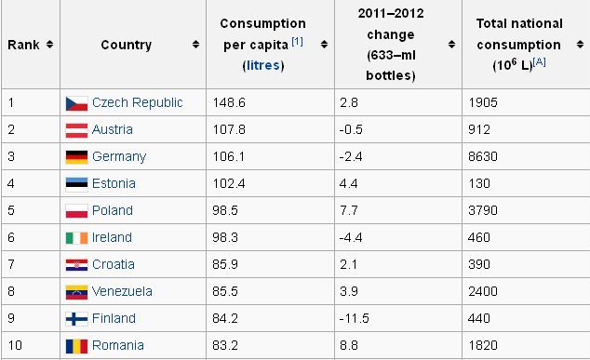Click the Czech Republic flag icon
click(76, 103)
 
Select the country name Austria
click(112, 129)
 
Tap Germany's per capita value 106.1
click(228, 156)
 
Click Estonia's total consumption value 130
click(479, 183)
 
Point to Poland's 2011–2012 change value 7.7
click(349, 210)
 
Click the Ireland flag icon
click(76, 238)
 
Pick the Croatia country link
click(114, 264)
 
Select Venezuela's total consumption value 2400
click(483, 291)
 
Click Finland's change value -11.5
click(354, 319)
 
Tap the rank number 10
click(15, 345)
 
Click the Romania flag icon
click(76, 346)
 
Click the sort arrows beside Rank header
click(49, 45)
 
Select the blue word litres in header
click(263, 65)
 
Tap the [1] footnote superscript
click(297, 41)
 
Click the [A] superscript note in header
click(539, 61)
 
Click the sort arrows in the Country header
click(195, 45)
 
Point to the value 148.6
click(229, 102)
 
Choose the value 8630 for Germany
click(483, 156)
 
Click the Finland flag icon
click(76, 319)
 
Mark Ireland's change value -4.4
click(351, 237)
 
